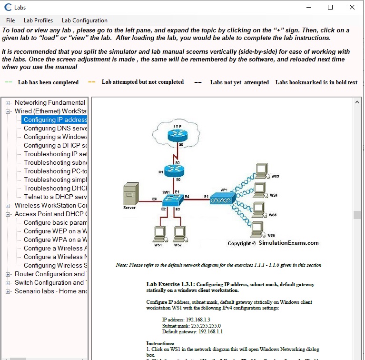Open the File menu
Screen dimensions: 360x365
10,20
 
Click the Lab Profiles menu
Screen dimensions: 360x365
38,20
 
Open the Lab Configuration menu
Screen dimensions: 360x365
84,20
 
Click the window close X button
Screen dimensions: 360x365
352,7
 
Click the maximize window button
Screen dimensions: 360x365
330,7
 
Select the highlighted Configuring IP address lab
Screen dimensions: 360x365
55,120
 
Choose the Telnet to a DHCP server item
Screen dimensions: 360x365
55,197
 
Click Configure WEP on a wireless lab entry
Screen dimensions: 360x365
55,231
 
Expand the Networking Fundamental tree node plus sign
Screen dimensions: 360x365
8,103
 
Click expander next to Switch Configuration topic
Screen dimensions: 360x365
8,283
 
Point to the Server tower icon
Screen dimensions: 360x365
129,194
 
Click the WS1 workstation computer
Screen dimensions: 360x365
158,233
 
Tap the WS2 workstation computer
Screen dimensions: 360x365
178,233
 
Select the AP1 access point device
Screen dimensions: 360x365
222,198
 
